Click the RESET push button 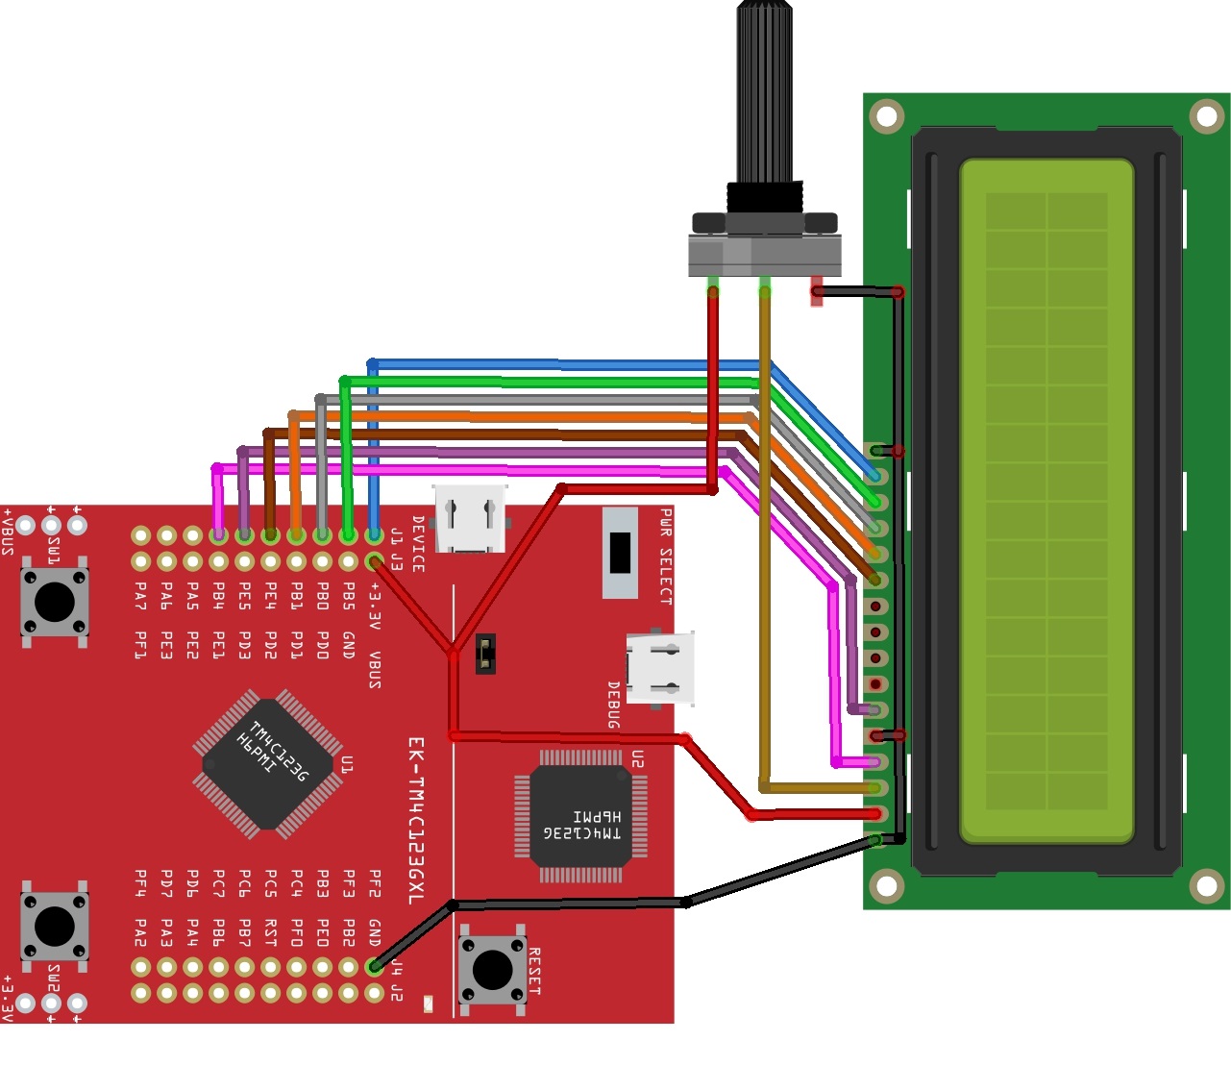[492, 969]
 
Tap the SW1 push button [54, 602]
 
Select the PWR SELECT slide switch [621, 552]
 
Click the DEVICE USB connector [470, 519]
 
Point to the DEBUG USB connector [660, 668]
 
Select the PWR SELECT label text [666, 557]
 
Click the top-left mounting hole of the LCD [886, 117]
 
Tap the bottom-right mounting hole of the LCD [1206, 885]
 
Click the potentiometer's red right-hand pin [817, 290]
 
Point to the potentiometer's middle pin [765, 287]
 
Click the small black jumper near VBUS [485, 654]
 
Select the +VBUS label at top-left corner [9, 532]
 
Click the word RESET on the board [534, 971]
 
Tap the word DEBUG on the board [613, 705]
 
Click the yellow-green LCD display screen [1046, 500]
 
